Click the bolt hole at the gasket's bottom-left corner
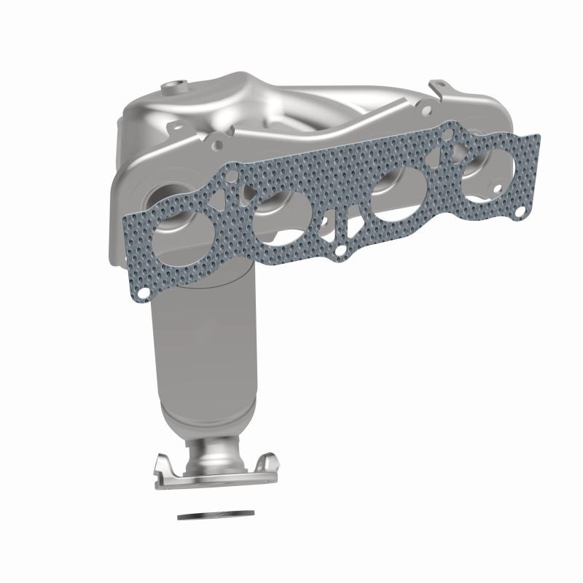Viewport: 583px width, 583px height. coord(144,293)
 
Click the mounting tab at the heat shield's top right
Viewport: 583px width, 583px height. coord(438,88)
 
